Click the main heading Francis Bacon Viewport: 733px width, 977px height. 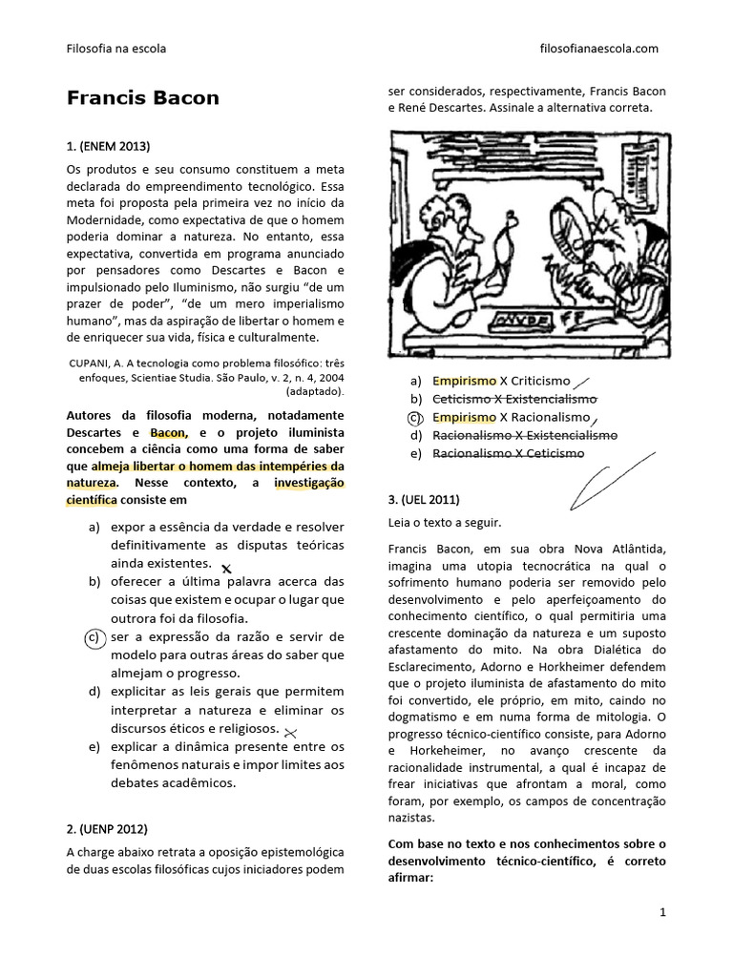(x=142, y=98)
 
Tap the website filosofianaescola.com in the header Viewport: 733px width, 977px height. (x=598, y=48)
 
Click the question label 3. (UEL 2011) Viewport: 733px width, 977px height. (x=425, y=499)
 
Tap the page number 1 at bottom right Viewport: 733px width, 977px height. (x=662, y=913)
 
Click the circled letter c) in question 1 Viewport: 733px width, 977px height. (x=94, y=638)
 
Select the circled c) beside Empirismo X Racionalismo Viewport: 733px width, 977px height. (x=414, y=417)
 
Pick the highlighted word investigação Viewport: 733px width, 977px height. (x=308, y=483)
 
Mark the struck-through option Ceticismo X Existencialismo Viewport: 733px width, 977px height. (x=514, y=399)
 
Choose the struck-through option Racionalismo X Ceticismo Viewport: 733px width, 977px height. (x=508, y=453)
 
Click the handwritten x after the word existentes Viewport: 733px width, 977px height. (x=226, y=569)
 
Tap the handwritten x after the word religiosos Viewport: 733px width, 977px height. (x=291, y=732)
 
